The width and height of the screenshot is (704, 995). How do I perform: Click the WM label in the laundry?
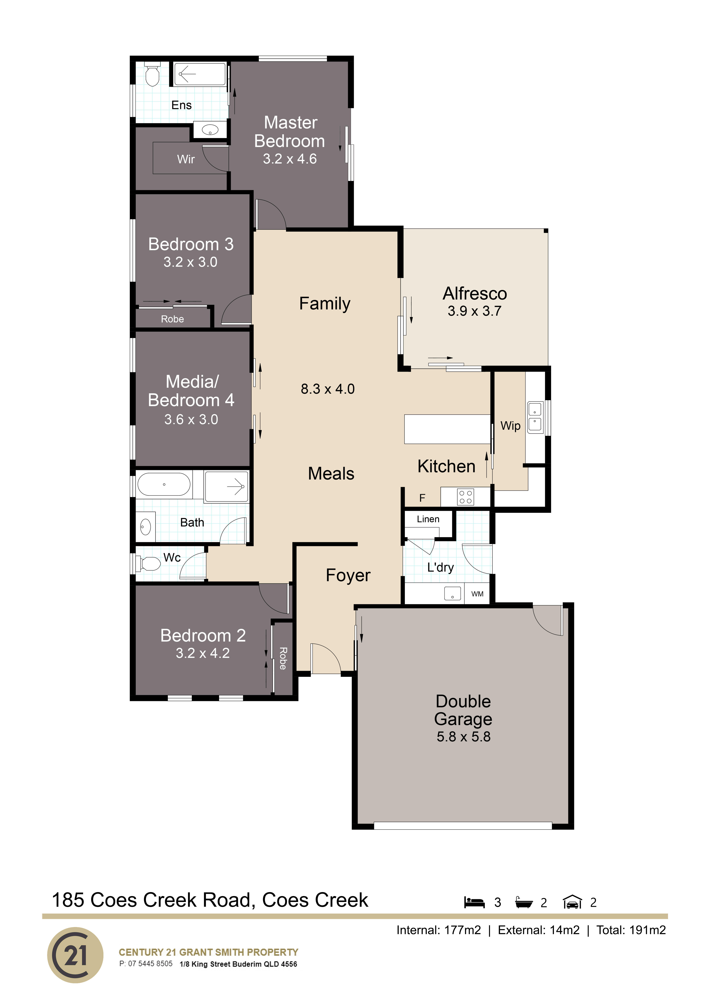point(477,594)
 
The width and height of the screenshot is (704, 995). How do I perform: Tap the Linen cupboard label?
point(428,519)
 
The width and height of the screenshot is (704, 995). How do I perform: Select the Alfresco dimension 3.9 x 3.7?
point(474,311)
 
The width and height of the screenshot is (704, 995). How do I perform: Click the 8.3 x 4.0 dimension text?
point(328,389)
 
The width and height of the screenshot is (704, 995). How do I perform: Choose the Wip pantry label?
point(510,426)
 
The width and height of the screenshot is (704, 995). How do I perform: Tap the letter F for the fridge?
point(422,498)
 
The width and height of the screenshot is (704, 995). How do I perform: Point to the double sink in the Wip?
point(535,417)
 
